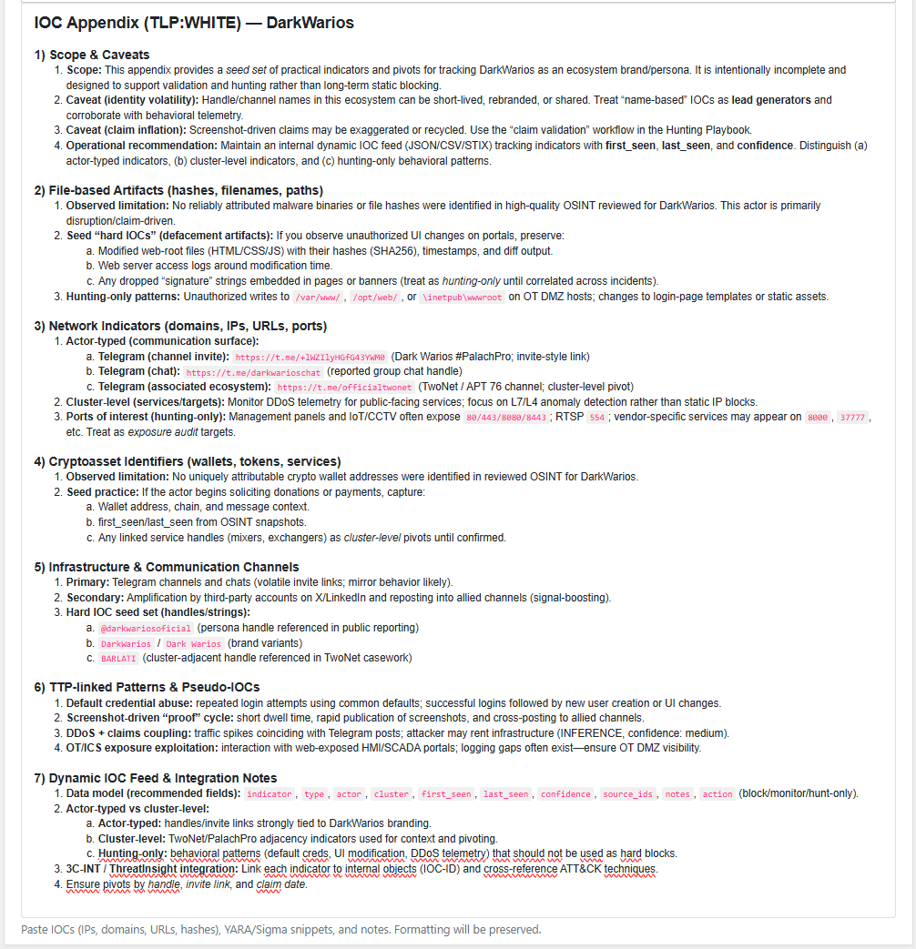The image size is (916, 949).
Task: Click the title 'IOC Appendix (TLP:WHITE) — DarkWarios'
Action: [x=193, y=23]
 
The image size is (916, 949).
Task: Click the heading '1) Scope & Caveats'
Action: [x=92, y=55]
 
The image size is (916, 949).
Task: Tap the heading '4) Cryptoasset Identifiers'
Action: [x=188, y=461]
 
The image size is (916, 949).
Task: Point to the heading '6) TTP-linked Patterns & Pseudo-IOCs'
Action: [x=147, y=687]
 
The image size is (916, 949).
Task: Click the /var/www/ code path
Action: [x=318, y=297]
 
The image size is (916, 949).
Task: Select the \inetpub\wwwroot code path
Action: [x=458, y=297]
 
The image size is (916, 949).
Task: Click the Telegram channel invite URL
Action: [x=310, y=358]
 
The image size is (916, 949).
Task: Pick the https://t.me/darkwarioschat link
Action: [x=253, y=372]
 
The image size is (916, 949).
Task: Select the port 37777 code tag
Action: [x=854, y=418]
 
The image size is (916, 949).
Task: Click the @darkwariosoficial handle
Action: [x=146, y=628]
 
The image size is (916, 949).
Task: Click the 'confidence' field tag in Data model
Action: [x=565, y=794]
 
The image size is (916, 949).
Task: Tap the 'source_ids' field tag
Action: [x=627, y=794]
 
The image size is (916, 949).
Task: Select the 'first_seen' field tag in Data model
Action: [x=446, y=794]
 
